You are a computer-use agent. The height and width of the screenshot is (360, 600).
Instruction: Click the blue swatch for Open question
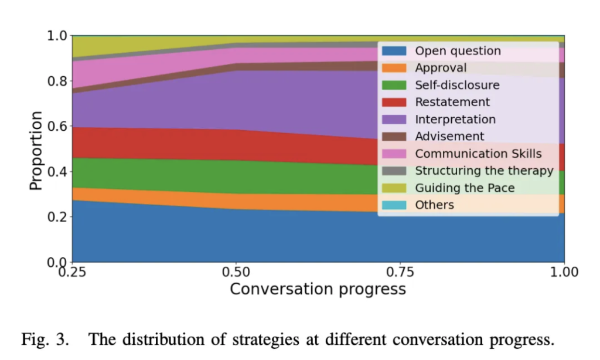[x=395, y=51]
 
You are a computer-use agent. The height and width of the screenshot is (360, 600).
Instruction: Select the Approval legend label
[x=441, y=68]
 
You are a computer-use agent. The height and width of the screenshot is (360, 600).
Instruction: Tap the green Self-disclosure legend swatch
[x=395, y=85]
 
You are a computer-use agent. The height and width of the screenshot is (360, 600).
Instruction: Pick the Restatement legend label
[x=452, y=102]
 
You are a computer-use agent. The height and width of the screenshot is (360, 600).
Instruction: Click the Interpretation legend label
[x=455, y=120]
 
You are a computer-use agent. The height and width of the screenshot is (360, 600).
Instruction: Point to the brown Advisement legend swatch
[x=395, y=137]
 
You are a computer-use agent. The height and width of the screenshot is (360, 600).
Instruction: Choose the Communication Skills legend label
[x=478, y=154]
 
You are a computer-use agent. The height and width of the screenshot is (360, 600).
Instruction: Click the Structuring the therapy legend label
[x=484, y=171]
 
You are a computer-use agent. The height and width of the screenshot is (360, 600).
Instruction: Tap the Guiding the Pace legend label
[x=465, y=188]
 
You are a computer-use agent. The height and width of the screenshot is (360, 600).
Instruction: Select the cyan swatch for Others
[x=395, y=205]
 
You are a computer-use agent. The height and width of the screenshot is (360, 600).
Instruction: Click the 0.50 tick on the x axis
[x=236, y=272]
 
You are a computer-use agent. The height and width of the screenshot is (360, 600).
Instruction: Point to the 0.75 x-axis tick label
[x=400, y=272]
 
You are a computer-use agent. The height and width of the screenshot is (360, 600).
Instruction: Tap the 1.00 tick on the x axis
[x=564, y=272]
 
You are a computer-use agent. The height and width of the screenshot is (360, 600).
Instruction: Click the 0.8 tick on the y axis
[x=57, y=81]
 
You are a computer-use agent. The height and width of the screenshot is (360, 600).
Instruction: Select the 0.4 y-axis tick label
[x=57, y=172]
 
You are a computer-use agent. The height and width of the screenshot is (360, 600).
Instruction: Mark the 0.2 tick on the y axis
[x=57, y=217]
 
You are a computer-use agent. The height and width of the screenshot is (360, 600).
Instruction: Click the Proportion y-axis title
[x=36, y=150]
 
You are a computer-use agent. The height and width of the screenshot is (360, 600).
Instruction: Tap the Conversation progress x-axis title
[x=318, y=289]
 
